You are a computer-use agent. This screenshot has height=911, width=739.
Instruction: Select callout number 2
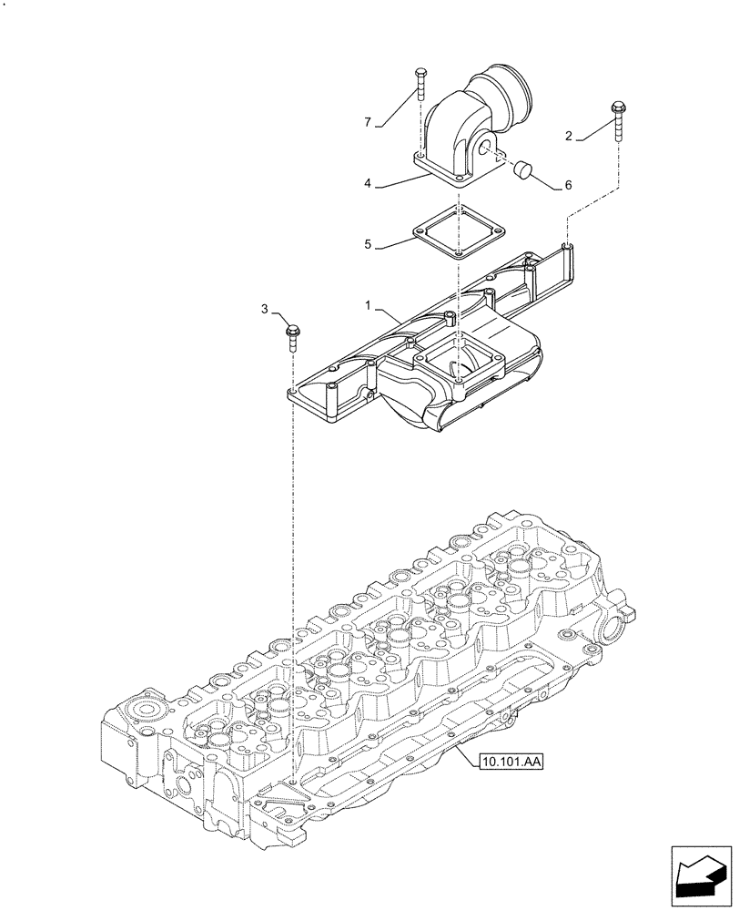click(x=569, y=137)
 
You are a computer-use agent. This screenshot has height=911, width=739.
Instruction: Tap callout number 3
click(x=265, y=311)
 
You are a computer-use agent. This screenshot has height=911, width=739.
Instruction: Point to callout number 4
click(x=368, y=183)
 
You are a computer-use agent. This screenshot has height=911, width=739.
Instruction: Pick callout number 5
click(x=368, y=244)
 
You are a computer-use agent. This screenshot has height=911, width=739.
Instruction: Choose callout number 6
click(x=568, y=185)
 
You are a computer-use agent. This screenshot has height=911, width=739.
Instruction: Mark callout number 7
click(x=369, y=122)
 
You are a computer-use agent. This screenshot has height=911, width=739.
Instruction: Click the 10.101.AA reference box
click(x=508, y=760)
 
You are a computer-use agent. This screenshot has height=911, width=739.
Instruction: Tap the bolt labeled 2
click(x=618, y=118)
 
